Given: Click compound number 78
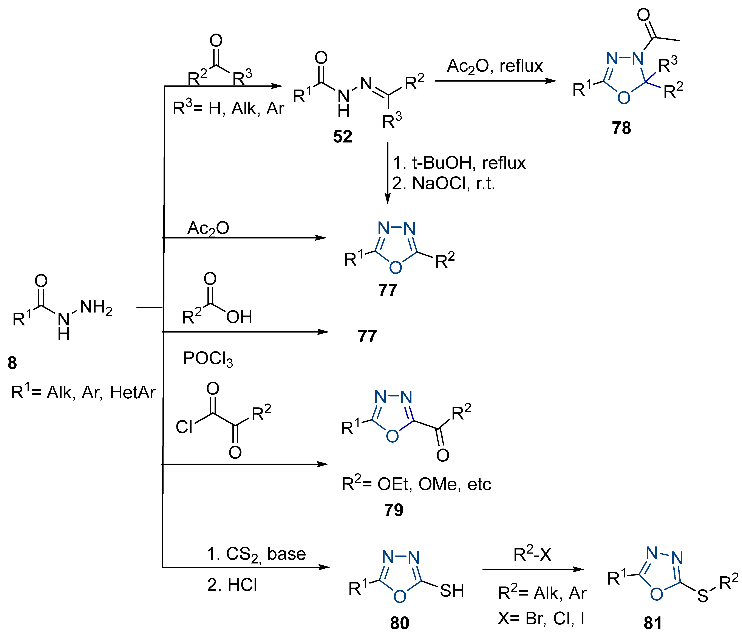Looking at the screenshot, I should pos(621,128).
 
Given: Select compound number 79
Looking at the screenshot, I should pos(394,510).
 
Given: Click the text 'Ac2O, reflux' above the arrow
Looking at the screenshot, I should pos(495,66).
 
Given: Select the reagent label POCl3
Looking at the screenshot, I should pos(208,359).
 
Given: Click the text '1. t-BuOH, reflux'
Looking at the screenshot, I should pos(459,163).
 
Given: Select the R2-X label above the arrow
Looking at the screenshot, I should pos(532,554).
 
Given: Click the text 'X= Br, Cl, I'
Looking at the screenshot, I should pos(541,618).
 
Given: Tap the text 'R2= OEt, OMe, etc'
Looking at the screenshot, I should pos(416,484).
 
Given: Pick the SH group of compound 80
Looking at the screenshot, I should pos(452,591).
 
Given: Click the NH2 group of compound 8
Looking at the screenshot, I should pos(96,308).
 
